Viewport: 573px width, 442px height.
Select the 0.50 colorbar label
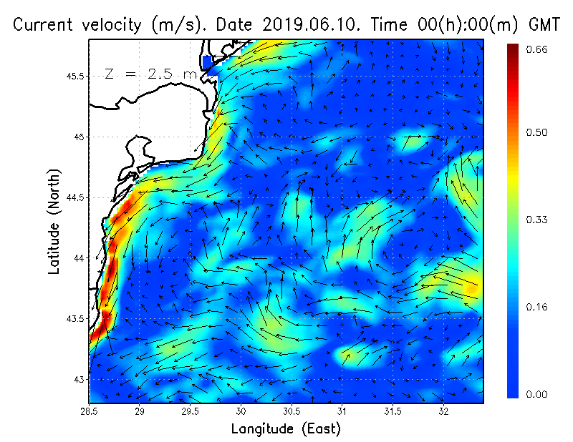tap(536, 132)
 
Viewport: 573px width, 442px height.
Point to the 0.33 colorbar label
tap(536, 220)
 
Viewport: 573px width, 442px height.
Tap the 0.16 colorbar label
tap(536, 308)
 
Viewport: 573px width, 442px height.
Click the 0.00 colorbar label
tap(536, 394)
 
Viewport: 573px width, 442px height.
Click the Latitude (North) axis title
tap(54, 221)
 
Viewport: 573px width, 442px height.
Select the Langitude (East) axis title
tap(286, 429)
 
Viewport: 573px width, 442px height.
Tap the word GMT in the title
tap(544, 24)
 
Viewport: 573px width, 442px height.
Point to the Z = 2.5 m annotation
tap(151, 74)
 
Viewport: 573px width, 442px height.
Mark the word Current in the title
tap(44, 24)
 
